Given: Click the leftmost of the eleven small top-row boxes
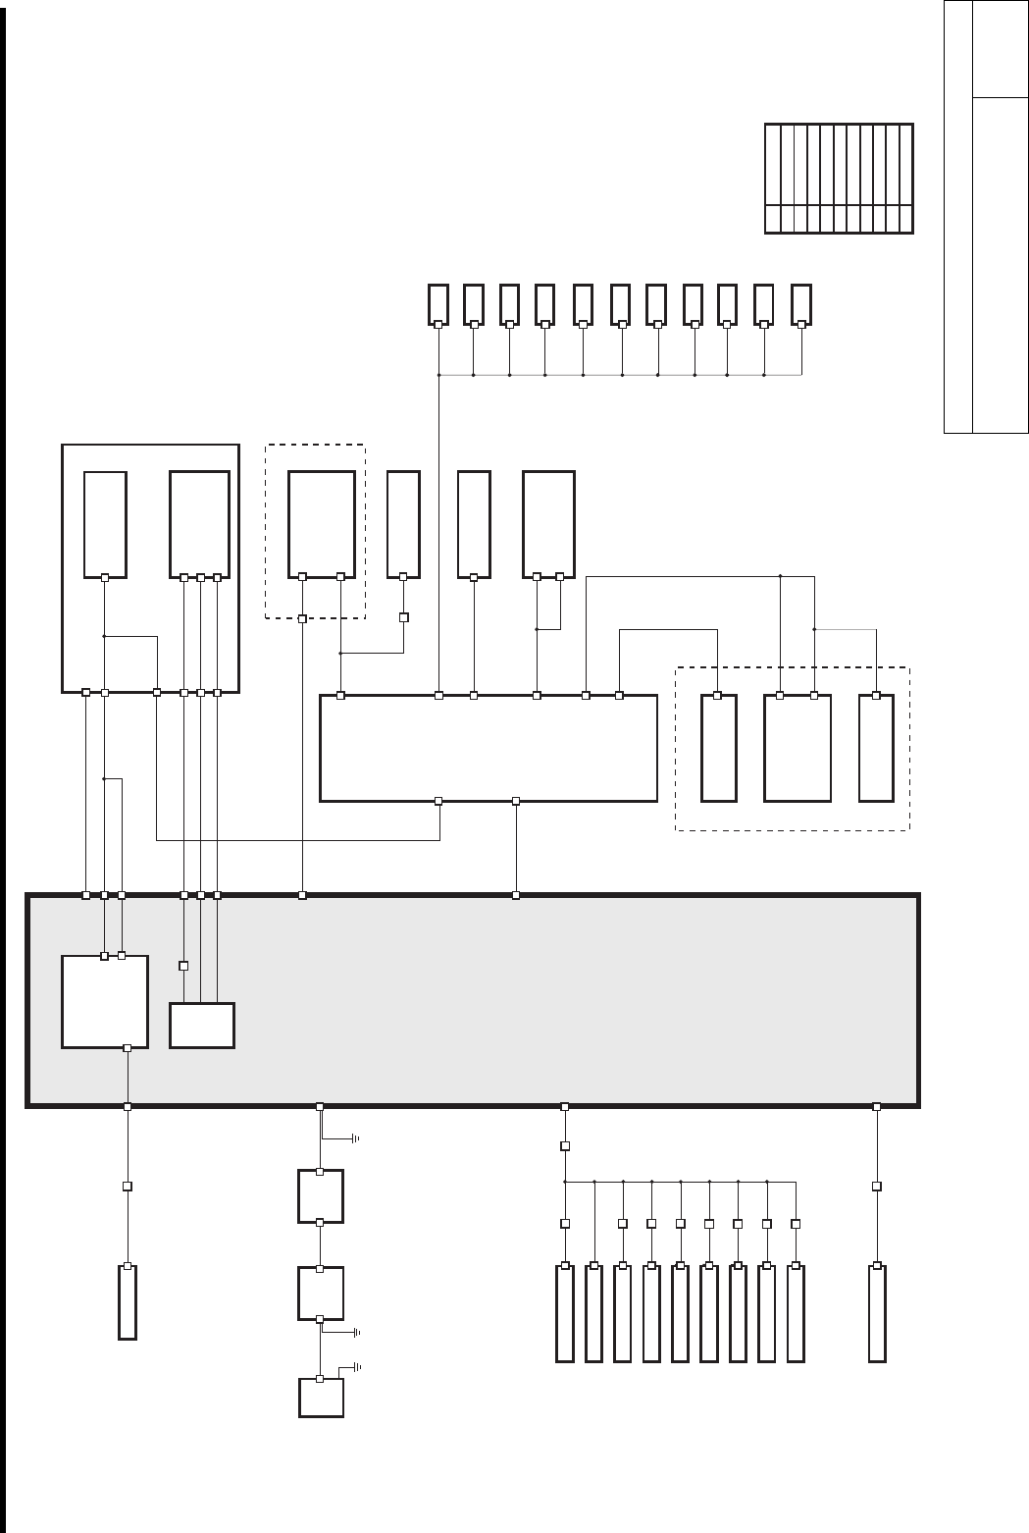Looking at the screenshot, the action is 438,303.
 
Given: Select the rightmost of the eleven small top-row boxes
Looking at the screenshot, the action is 801,303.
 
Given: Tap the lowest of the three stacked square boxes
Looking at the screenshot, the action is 321,1398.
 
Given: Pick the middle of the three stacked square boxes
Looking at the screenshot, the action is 321,1293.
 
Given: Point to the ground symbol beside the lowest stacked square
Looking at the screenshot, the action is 356,1366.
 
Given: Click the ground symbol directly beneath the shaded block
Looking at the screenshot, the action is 355,1138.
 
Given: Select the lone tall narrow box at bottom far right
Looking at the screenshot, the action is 877,1313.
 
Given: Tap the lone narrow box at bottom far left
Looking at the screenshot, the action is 127,1302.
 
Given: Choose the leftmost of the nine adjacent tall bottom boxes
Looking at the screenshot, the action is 564,1313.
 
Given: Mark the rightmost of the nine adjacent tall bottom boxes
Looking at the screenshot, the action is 796,1313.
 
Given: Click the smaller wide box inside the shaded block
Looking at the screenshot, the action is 202,1026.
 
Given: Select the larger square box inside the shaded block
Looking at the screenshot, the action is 105,1001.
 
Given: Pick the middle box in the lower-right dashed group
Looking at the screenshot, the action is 797,748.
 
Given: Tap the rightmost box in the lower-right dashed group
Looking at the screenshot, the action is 876,748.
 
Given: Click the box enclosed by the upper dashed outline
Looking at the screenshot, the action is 321,524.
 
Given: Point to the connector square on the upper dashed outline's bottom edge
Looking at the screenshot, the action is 302,619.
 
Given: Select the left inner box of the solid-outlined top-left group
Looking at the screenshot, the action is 105,524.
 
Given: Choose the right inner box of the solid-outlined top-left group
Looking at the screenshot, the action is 200,524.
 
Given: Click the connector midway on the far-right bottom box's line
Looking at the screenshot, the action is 877,1186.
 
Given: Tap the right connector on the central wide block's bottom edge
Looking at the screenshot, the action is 516,801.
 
